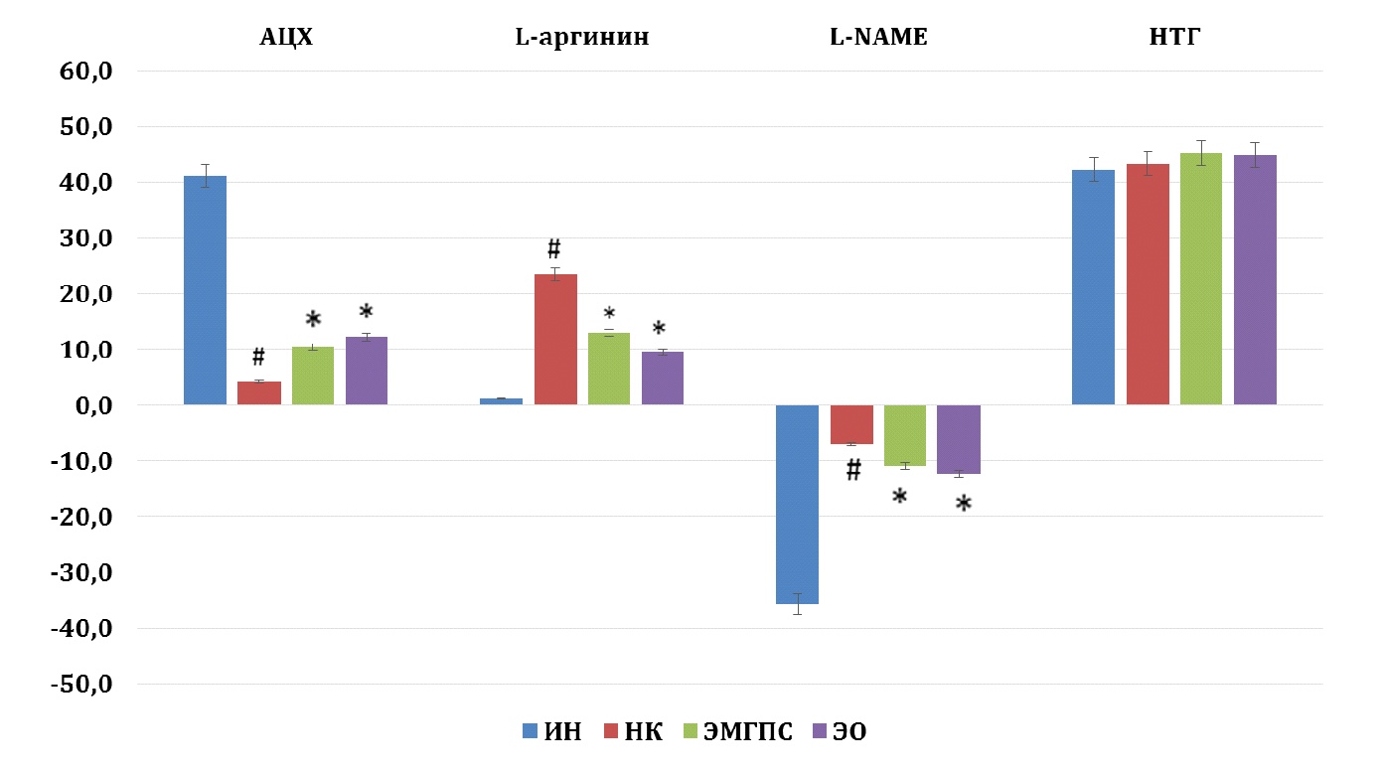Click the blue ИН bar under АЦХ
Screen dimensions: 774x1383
click(x=205, y=290)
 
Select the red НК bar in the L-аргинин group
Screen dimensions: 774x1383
click(x=555, y=339)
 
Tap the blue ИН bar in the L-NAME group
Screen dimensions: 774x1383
click(x=797, y=504)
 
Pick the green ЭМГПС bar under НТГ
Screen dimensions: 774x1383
click(x=1201, y=278)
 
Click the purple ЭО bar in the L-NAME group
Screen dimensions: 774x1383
click(x=959, y=439)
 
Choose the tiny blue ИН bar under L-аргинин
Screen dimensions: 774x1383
click(x=501, y=401)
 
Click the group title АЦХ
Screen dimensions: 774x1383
click(x=286, y=39)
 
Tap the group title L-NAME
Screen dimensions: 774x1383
click(x=878, y=39)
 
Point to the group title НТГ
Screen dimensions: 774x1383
click(x=1174, y=39)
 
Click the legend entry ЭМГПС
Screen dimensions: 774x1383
click(x=748, y=732)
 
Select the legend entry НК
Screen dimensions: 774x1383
click(x=644, y=732)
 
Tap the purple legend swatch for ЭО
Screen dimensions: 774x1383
click(x=820, y=732)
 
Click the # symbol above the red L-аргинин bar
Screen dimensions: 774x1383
click(x=554, y=248)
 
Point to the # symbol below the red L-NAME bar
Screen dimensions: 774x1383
click(x=853, y=470)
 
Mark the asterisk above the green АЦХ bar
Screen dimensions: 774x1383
click(x=313, y=320)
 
